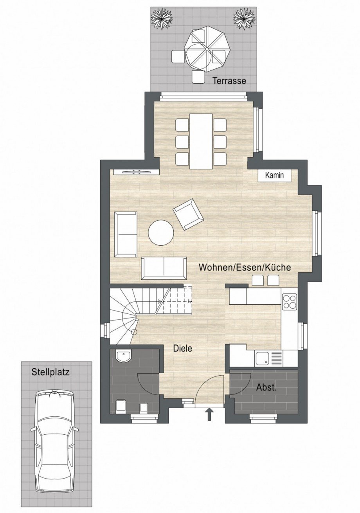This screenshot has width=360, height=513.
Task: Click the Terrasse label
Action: point(229,81)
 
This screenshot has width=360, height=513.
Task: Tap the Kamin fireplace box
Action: point(274,175)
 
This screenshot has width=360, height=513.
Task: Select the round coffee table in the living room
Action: point(161,233)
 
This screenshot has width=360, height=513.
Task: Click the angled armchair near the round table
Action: point(188,214)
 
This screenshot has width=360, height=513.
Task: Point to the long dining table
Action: point(201,141)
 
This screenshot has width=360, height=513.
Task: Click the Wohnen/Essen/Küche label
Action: point(245,268)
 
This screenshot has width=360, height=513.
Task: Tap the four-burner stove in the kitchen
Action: point(290,302)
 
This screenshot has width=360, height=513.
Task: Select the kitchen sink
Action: point(262,357)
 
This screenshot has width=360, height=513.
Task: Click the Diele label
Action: point(183,348)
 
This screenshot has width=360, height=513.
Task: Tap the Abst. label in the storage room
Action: point(266,388)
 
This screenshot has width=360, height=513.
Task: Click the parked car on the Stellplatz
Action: point(54,440)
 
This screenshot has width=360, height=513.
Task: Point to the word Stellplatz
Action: point(50,372)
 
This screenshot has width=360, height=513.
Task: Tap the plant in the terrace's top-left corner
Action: point(162,18)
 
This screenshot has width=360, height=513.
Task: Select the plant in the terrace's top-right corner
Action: point(244,18)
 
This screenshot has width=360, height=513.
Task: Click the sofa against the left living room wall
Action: point(126,234)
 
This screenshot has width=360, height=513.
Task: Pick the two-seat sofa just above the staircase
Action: point(164,268)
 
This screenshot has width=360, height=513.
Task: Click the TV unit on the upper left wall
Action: point(136,171)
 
